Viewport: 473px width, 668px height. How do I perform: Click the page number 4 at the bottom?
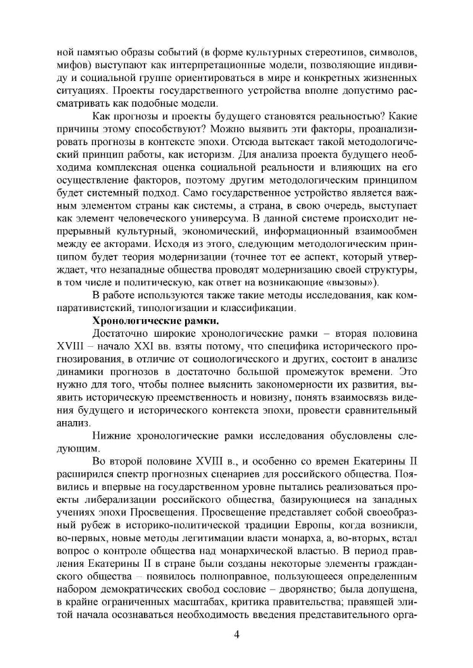point(236,633)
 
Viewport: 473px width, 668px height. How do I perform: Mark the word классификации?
point(259,308)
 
